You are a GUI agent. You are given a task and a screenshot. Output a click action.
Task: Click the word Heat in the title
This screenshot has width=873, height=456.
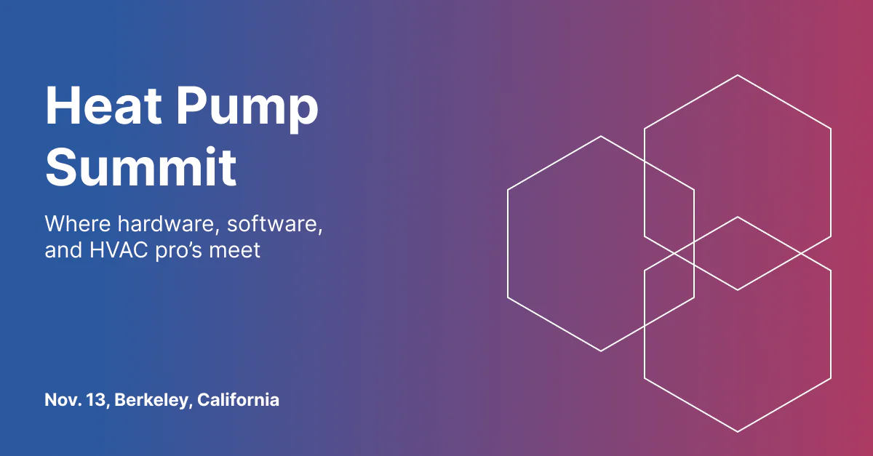[103, 105]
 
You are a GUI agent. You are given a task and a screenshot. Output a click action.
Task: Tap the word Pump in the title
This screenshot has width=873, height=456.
[248, 110]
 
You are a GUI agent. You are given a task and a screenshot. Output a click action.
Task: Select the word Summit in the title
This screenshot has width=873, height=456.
[140, 167]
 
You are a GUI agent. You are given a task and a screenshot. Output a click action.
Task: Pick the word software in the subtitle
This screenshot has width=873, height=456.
[275, 225]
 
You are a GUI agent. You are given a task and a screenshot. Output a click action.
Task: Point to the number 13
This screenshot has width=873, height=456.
[97, 401]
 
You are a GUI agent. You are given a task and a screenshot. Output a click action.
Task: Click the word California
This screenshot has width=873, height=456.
[238, 400]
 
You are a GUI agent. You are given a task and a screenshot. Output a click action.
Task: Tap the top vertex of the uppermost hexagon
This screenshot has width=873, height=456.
[738, 75]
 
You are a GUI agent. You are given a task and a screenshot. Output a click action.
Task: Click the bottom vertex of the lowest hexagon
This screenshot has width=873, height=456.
[738, 432]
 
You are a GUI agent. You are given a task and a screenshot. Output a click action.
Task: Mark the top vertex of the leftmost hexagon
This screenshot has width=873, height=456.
[601, 136]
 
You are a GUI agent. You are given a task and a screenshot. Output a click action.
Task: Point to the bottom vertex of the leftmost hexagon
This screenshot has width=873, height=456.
[601, 351]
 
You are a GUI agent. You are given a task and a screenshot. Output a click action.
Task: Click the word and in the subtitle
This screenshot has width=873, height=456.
[63, 250]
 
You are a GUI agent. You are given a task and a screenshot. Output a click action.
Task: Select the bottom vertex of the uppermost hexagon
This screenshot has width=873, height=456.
[738, 290]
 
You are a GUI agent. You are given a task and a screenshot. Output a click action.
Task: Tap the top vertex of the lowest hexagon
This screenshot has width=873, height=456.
[738, 217]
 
